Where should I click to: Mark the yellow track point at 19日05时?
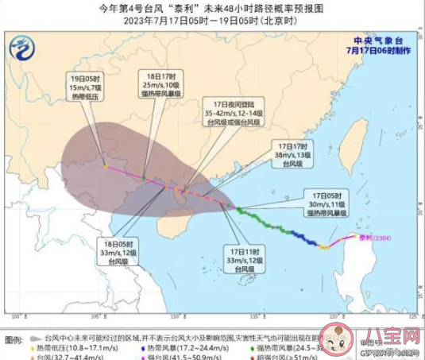tap(106, 167)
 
